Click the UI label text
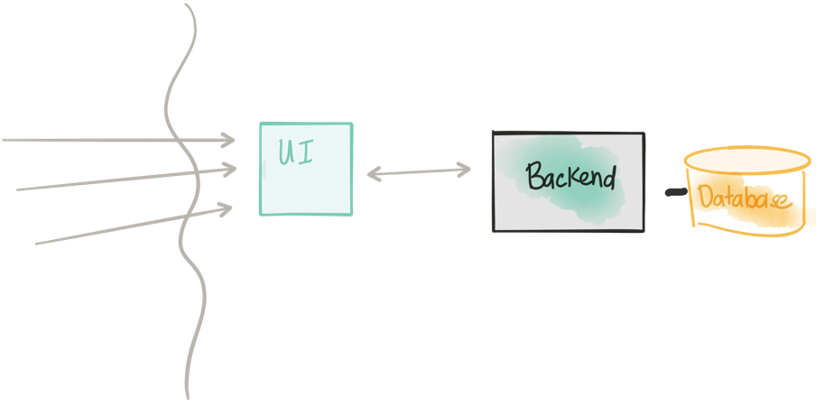[296, 152]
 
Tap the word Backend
[570, 176]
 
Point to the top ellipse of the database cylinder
[747, 148]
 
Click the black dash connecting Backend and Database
[676, 193]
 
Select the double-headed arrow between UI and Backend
[419, 171]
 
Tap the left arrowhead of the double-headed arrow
[375, 173]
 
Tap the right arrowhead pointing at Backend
[464, 170]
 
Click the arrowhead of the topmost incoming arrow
[228, 140]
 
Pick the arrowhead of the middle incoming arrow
[229, 169]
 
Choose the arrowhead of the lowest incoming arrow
[225, 209]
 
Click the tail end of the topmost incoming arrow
[3, 140]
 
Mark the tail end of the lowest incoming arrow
[36, 243]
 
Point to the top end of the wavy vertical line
[186, 5]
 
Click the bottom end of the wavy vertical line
[188, 398]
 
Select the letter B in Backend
[534, 176]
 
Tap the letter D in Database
[705, 197]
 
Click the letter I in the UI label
[306, 152]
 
